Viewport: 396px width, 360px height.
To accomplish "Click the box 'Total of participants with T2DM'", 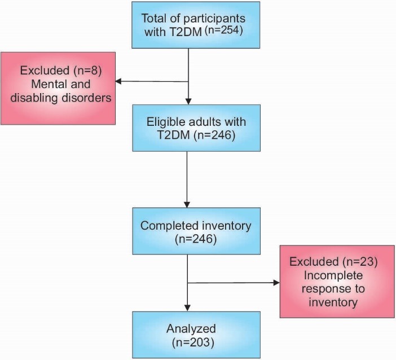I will pyautogui.click(x=187, y=25).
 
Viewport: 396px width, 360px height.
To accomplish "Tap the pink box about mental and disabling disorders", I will pyautogui.click(x=59, y=87).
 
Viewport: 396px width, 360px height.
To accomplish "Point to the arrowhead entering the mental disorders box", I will pyautogui.click(x=120, y=82).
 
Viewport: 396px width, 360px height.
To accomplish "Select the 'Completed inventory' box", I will pyautogui.click(x=187, y=231).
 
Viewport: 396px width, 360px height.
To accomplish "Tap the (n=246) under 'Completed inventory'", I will pyautogui.click(x=187, y=239).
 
